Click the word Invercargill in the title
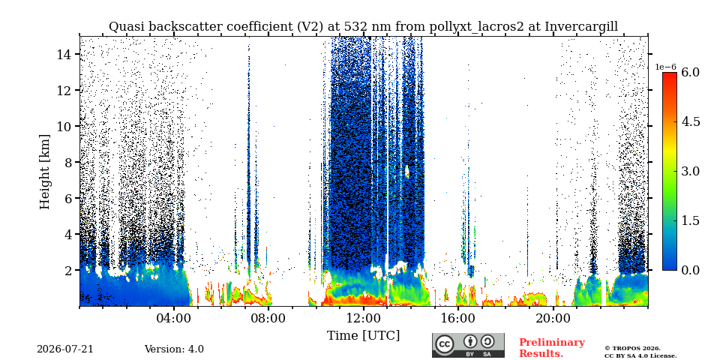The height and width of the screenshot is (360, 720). coord(581,27)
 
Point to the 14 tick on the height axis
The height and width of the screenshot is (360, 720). coord(77,54)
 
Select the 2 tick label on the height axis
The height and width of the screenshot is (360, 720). coord(70,270)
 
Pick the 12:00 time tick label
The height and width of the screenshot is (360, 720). coord(363,319)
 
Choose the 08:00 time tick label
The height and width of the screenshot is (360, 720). coord(268,319)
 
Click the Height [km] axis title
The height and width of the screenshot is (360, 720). coord(44,171)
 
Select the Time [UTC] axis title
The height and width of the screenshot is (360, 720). coord(363,336)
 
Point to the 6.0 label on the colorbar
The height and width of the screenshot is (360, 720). coord(690,72)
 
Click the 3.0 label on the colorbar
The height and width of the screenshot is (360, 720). coord(690,171)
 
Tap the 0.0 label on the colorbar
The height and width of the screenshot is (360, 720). coord(690,270)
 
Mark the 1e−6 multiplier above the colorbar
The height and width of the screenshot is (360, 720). coord(665,67)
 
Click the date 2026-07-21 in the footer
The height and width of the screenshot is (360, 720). coord(64,349)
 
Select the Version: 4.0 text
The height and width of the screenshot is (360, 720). coord(174,349)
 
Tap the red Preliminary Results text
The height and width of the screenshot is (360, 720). coord(551,347)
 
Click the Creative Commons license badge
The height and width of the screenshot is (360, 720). coord(468,345)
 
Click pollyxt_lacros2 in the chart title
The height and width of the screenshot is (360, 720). coord(476,27)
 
